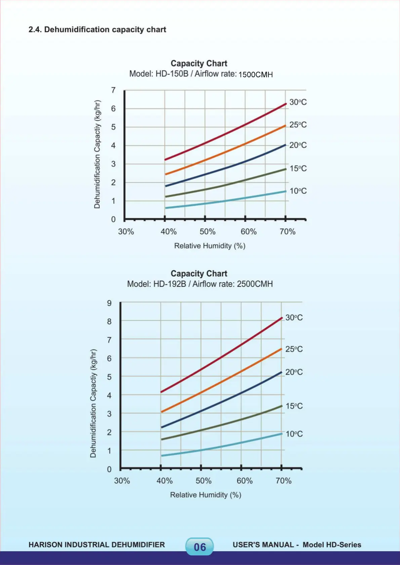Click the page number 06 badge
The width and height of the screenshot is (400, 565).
[200, 547]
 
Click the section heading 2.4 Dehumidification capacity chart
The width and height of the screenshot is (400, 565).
[97, 30]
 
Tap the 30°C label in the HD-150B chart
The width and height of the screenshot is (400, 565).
[298, 102]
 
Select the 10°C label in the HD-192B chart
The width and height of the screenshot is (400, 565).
[294, 434]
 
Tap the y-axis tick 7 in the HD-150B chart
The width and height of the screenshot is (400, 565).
[113, 90]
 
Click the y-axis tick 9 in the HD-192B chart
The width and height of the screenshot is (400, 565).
[109, 303]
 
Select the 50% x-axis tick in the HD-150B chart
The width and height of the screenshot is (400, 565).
[207, 232]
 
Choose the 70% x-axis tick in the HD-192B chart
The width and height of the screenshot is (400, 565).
[283, 481]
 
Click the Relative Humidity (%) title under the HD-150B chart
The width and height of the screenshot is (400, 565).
[209, 246]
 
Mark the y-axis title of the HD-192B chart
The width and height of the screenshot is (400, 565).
[93, 403]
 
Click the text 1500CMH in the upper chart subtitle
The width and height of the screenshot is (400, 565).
[255, 75]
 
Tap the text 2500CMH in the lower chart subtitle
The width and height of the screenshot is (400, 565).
[255, 284]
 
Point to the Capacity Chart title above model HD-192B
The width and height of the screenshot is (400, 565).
[199, 274]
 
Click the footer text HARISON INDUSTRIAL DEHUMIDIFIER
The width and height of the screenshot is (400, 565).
[97, 545]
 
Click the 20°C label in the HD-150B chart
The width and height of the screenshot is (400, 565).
[298, 145]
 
